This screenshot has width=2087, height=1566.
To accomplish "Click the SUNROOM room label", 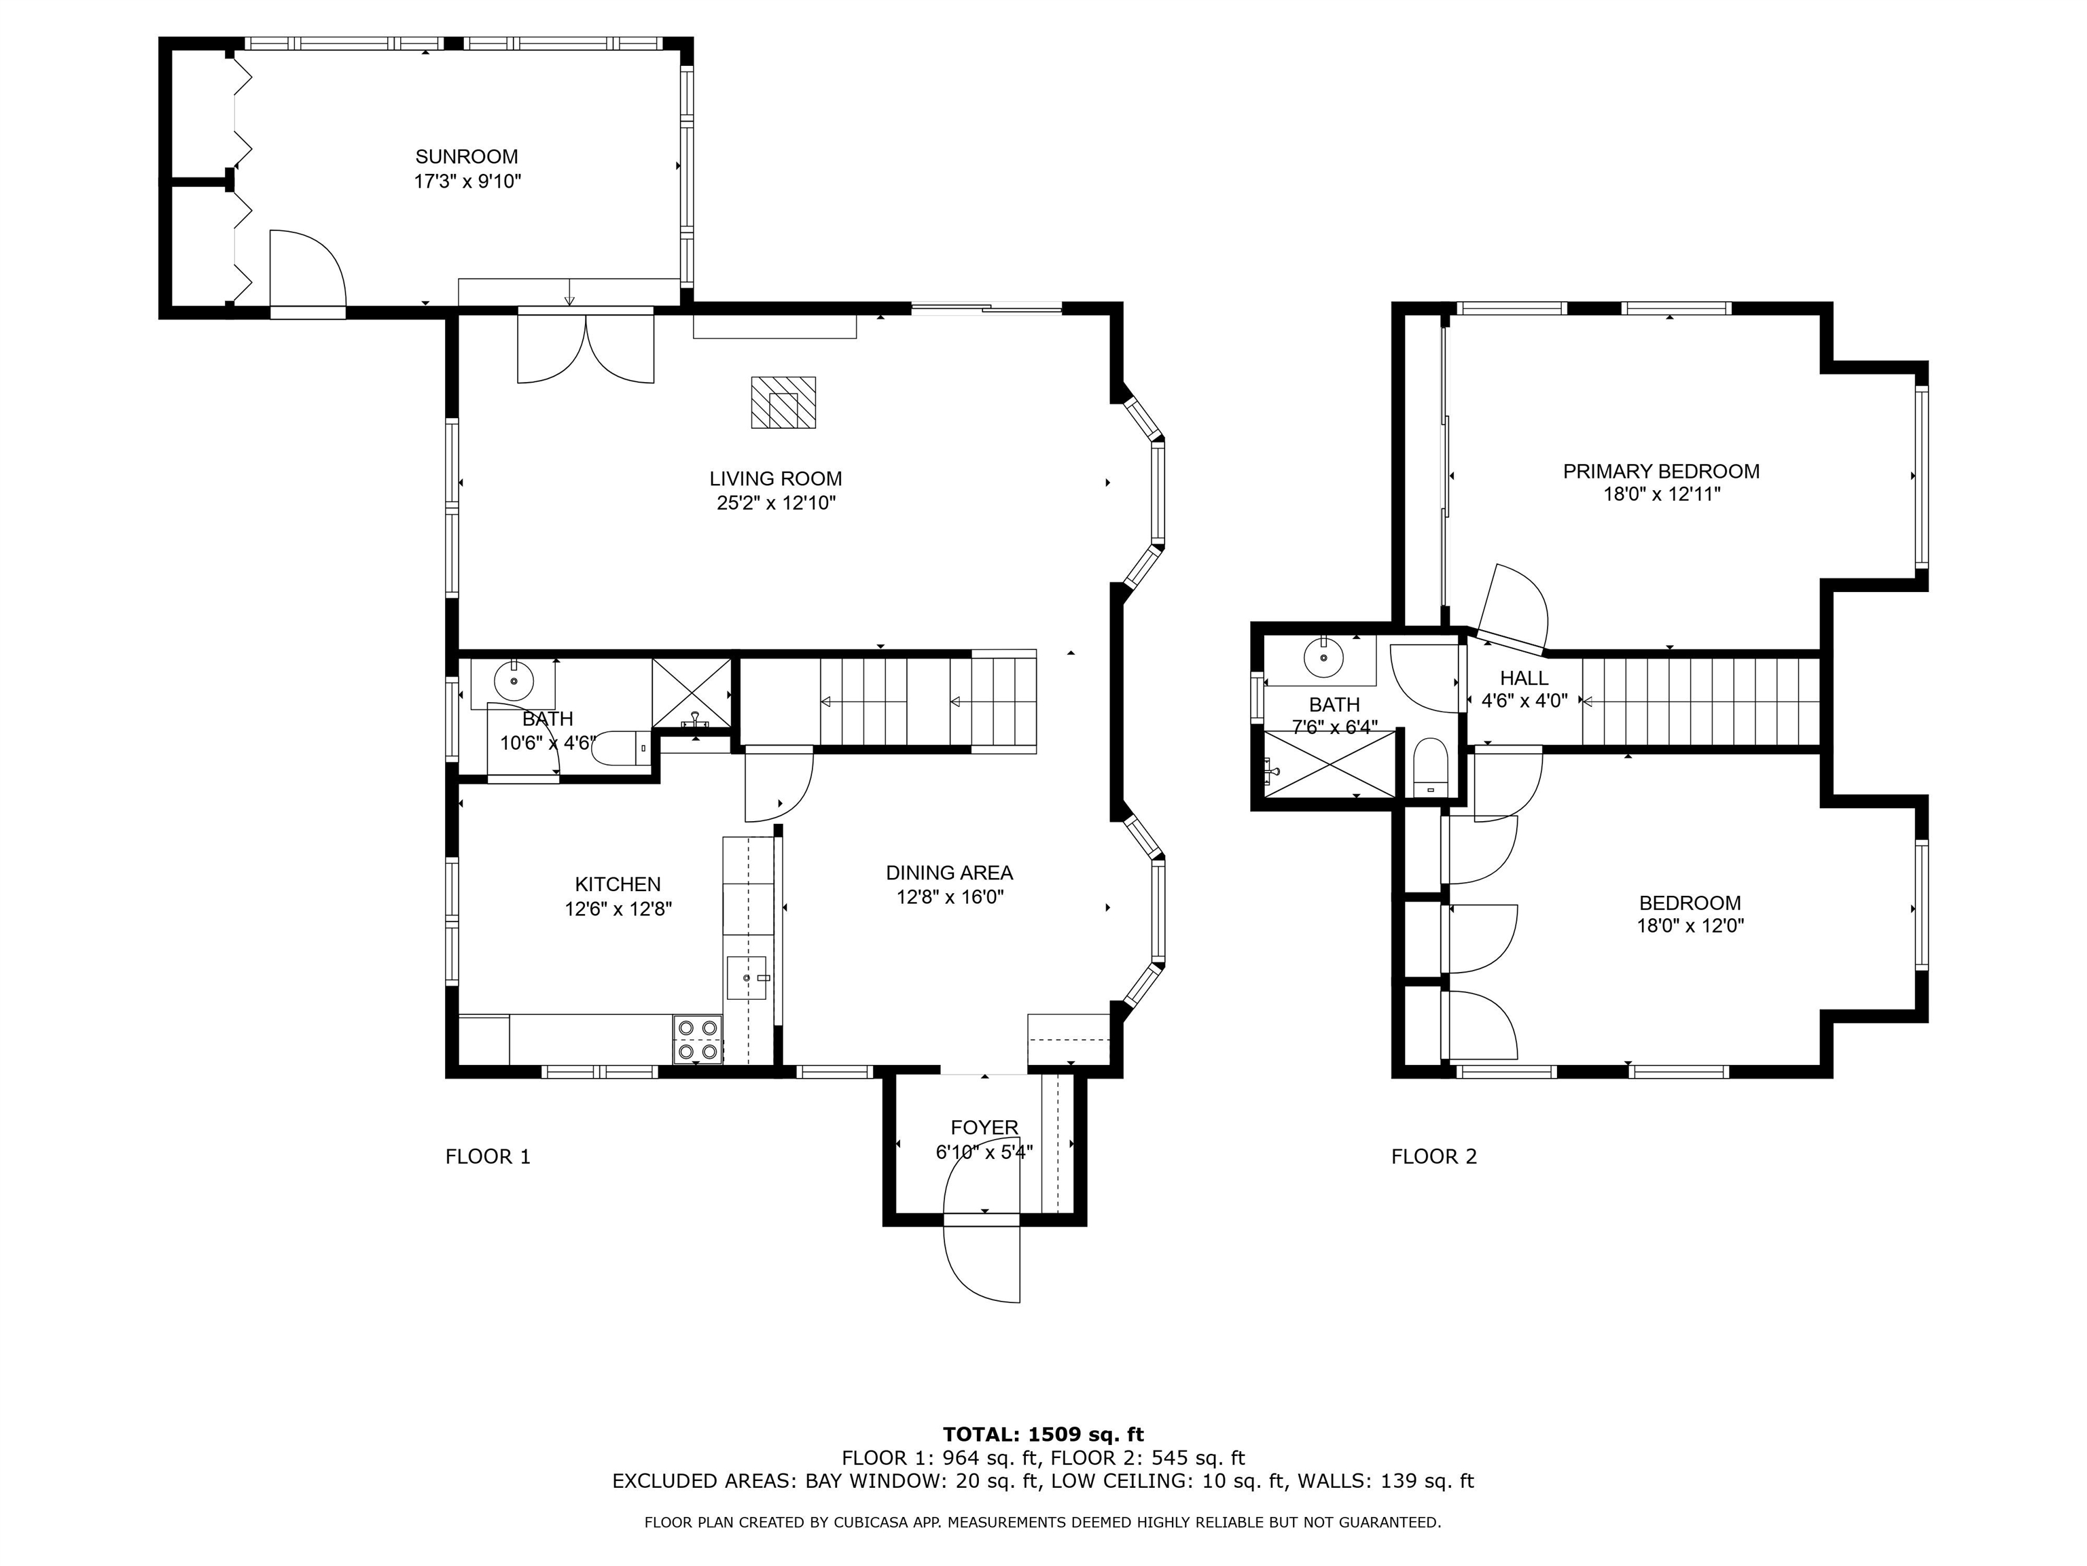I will click(466, 157).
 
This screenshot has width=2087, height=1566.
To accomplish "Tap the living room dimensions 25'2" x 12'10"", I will click(776, 503).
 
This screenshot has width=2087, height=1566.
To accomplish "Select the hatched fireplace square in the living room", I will click(783, 402).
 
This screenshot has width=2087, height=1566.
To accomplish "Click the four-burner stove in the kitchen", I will click(697, 1039).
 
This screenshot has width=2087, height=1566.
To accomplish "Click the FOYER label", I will click(984, 1127).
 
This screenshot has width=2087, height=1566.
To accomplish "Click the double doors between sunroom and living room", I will click(586, 347).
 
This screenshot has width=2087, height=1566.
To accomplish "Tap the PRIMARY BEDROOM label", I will click(1660, 471).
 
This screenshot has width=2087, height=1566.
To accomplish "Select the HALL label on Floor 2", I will click(1524, 678).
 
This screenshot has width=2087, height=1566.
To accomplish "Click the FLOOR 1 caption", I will click(488, 1156).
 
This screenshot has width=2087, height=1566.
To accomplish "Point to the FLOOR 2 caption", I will click(1433, 1156).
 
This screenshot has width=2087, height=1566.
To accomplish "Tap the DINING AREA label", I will click(948, 873).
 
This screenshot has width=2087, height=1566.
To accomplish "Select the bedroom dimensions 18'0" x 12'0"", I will click(1690, 926).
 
